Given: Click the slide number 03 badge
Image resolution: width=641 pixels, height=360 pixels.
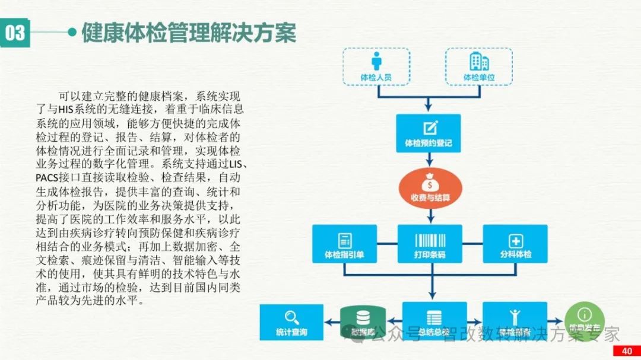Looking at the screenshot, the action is pyautogui.click(x=15, y=33).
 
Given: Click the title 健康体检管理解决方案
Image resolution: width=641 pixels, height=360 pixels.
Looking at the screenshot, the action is pyautogui.click(x=188, y=33).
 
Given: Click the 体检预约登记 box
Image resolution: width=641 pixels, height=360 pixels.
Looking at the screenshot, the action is pyautogui.click(x=428, y=133).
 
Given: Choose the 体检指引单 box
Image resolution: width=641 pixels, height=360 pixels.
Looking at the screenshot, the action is pyautogui.click(x=344, y=244).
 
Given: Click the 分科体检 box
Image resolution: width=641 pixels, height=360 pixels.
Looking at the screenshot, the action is pyautogui.click(x=515, y=244).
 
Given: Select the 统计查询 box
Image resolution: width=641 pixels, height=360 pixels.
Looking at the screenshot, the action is pyautogui.click(x=291, y=322).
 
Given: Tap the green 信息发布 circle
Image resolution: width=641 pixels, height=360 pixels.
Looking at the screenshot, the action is pyautogui.click(x=585, y=321).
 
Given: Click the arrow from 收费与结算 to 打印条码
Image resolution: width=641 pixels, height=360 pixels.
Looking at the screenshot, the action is pyautogui.click(x=429, y=214).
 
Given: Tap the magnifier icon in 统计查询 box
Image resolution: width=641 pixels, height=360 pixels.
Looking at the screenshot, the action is pyautogui.click(x=291, y=316).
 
